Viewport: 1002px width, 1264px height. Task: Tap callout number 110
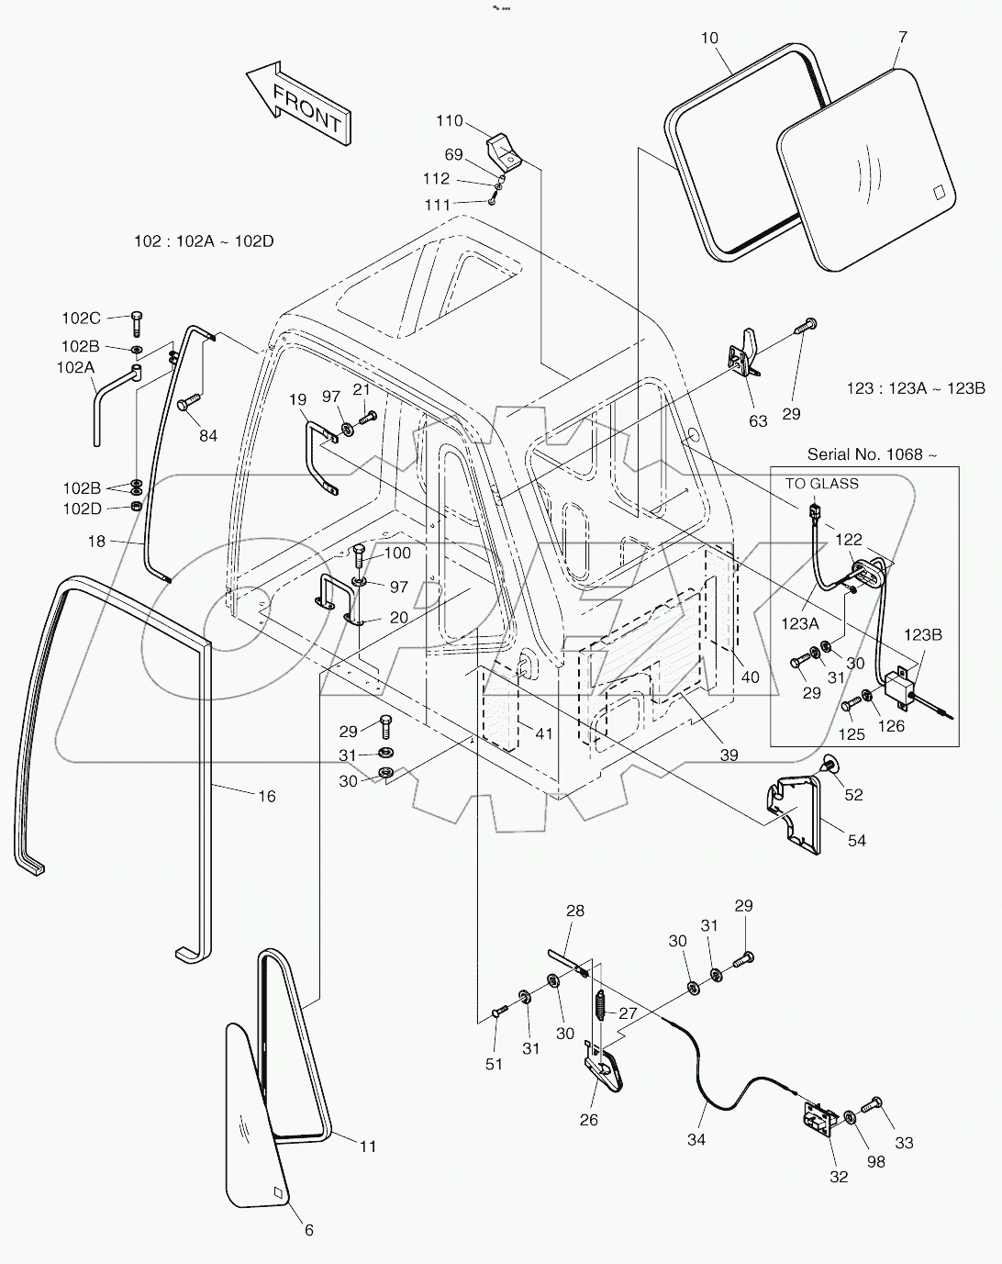tap(450, 121)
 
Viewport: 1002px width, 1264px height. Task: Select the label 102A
tap(78, 367)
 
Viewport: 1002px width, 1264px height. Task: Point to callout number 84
tap(208, 435)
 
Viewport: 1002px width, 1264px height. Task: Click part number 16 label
tap(266, 796)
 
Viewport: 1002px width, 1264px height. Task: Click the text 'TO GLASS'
tap(821, 484)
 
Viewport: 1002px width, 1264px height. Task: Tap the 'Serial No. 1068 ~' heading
tap(873, 454)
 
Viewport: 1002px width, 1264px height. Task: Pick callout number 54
tap(856, 840)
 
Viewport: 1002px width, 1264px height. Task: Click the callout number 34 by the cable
tap(696, 1139)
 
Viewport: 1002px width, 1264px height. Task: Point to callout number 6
tap(309, 1230)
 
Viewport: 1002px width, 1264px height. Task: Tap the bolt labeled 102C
tap(137, 322)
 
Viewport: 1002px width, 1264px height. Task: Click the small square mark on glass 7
tap(939, 192)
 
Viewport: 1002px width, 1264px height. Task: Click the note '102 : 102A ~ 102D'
tap(204, 241)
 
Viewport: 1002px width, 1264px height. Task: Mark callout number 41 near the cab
tap(544, 733)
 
